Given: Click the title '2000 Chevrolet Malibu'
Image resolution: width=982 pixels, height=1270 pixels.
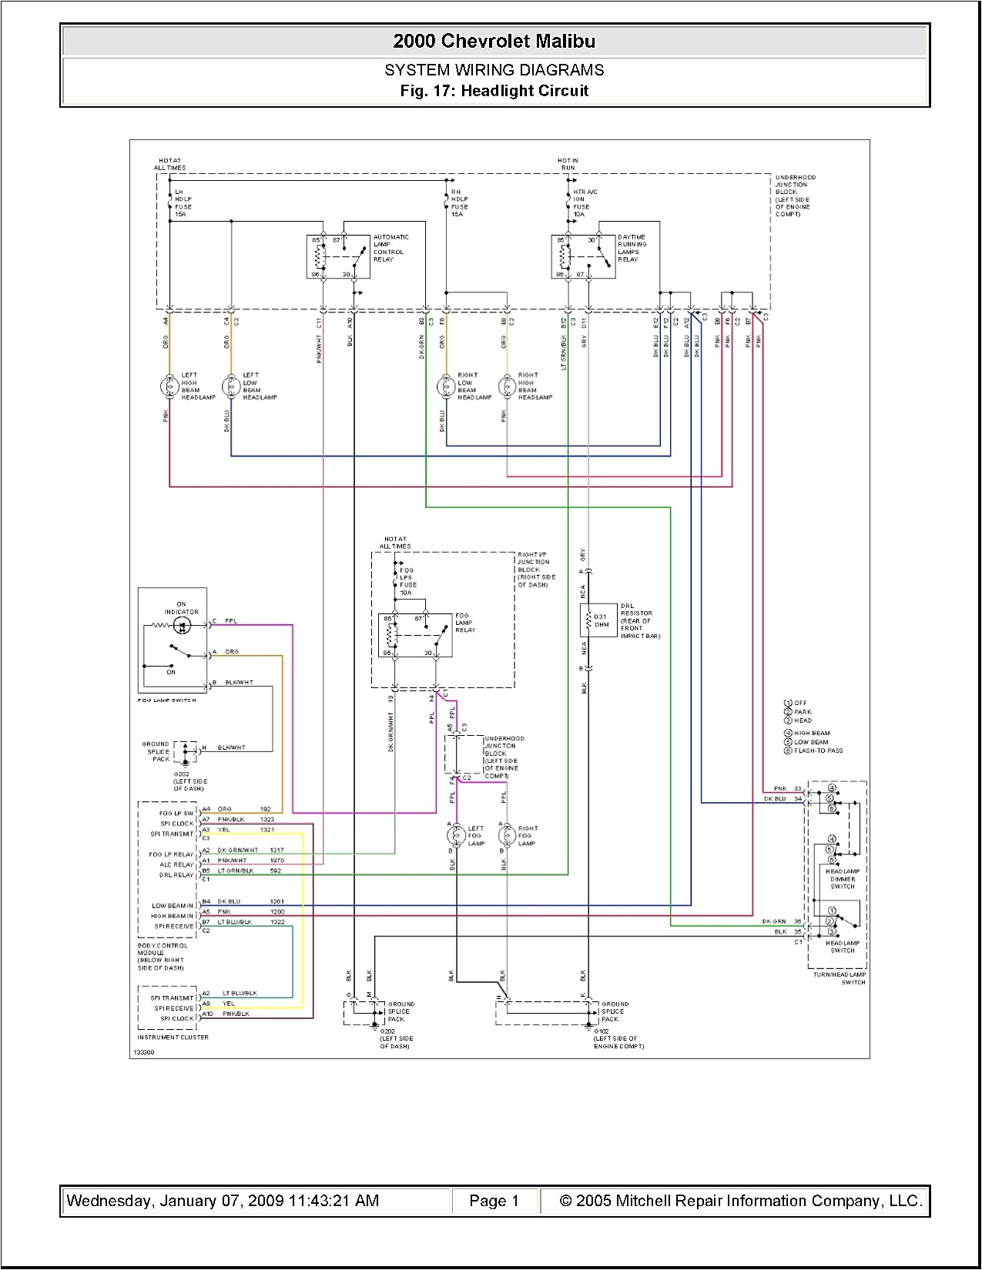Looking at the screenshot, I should click(x=494, y=41).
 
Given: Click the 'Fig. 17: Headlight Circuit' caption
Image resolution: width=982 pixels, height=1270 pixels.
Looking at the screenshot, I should click(x=494, y=91).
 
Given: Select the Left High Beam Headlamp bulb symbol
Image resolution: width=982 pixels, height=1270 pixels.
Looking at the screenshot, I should click(x=169, y=386).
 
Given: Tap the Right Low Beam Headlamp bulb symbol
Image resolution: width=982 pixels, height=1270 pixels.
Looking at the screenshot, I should click(x=446, y=386).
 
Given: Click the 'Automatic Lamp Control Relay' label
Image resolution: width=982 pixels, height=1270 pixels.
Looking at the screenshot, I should click(x=390, y=248).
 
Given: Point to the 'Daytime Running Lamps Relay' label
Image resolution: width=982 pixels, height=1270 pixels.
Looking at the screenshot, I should click(x=632, y=248).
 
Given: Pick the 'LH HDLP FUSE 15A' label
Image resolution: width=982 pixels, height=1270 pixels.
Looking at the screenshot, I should click(x=183, y=203).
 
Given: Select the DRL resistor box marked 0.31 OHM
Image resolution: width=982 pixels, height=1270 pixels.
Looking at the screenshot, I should click(x=598, y=620).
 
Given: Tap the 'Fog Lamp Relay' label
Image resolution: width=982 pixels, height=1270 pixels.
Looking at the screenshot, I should click(x=465, y=623).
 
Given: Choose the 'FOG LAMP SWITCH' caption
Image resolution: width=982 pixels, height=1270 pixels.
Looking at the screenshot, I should click(x=167, y=700).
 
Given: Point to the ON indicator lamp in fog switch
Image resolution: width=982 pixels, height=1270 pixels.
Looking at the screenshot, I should click(x=182, y=625).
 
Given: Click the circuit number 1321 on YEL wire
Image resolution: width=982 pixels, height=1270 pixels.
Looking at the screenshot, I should click(x=266, y=830).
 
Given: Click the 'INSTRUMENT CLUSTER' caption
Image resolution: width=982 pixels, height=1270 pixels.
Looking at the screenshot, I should click(x=173, y=1037).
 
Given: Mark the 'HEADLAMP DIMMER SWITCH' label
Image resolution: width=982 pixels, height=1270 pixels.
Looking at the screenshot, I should click(x=843, y=879).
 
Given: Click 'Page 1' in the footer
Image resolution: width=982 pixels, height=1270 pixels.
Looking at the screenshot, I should click(x=494, y=1201).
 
